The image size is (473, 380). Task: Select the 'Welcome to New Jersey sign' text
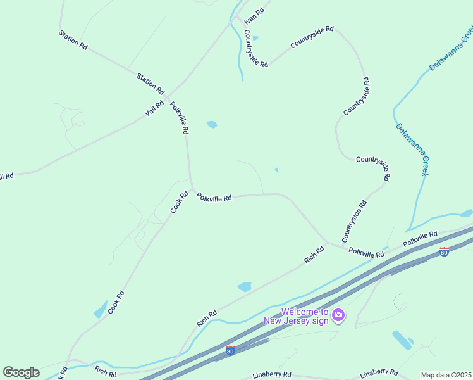(x=305, y=316)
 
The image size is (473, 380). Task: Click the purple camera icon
(x=338, y=315)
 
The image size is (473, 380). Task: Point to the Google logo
(x=21, y=372)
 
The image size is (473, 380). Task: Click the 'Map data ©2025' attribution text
(x=446, y=375)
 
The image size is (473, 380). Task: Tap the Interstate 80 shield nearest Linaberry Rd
(x=230, y=350)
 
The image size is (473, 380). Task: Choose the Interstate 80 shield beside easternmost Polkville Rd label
(x=444, y=252)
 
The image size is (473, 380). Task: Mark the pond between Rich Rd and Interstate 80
(x=245, y=287)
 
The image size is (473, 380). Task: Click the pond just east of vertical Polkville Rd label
(x=212, y=125)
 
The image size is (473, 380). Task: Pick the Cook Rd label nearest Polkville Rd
(x=179, y=202)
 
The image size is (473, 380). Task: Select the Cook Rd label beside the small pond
(x=116, y=302)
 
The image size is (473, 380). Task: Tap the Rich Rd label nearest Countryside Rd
(x=314, y=255)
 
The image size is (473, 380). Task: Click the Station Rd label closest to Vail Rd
(x=150, y=82)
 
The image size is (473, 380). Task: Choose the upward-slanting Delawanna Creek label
(x=450, y=49)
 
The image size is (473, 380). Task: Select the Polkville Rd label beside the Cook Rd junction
(x=214, y=198)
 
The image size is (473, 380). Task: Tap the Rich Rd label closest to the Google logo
(x=106, y=369)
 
